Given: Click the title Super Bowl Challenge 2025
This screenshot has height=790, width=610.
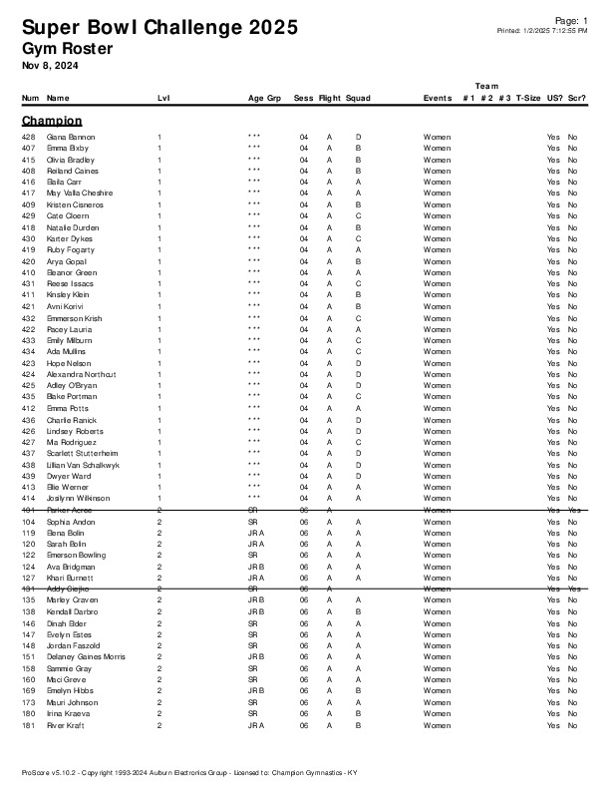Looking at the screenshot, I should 159,28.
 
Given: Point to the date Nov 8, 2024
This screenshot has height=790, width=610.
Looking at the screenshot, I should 50,66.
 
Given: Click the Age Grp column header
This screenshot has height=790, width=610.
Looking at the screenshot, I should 264,99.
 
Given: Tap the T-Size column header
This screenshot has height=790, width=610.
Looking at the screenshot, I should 529,99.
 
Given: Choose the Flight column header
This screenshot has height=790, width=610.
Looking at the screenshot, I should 329,99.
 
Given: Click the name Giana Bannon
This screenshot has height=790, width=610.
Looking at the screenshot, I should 71,137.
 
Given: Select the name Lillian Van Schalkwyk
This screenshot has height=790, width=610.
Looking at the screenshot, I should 84,465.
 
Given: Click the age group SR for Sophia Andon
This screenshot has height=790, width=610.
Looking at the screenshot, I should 253,521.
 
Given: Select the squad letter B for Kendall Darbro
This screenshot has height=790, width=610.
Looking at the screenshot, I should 358,611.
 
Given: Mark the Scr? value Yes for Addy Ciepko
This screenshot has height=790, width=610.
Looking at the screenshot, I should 574,589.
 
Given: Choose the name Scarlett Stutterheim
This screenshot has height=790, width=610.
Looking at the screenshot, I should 82,453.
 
